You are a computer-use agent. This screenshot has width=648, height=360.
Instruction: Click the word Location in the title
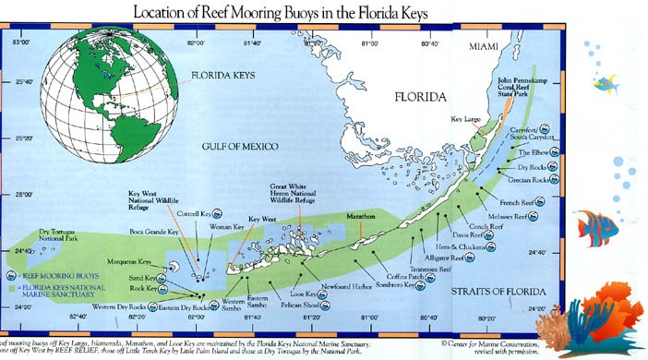tap(167, 13)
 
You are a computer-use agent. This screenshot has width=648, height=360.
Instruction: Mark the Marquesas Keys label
tap(130, 260)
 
